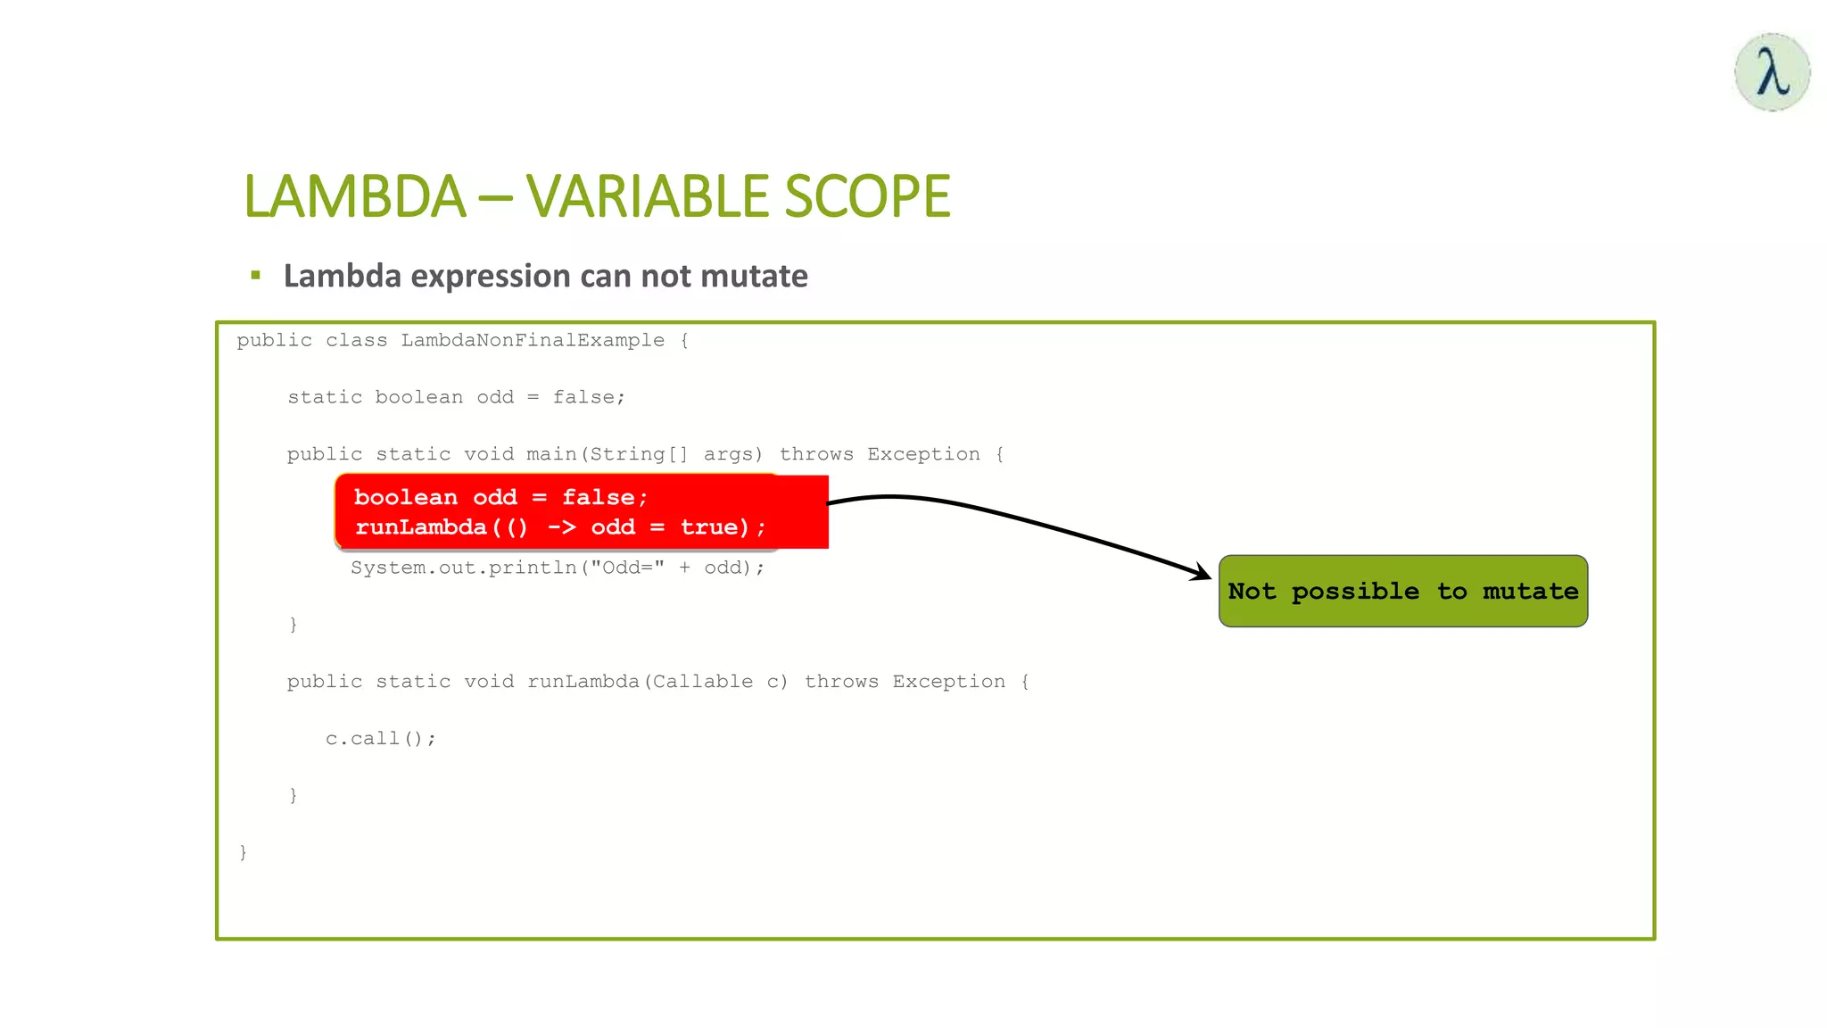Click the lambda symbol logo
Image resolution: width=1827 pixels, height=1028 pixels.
(x=1772, y=72)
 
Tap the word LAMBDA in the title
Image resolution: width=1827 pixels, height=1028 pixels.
(x=354, y=196)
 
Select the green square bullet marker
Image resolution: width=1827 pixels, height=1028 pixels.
(x=256, y=276)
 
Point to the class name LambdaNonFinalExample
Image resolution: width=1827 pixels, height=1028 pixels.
(x=533, y=340)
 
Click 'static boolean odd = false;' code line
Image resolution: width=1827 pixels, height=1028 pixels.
(x=456, y=397)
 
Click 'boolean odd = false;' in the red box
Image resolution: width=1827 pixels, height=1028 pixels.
(x=500, y=497)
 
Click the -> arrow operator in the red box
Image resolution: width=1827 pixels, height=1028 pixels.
(x=561, y=527)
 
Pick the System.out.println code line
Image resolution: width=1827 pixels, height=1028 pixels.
(x=557, y=568)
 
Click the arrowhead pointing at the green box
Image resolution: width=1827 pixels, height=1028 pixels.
(x=1203, y=573)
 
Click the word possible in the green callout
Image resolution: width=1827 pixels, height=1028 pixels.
(x=1354, y=592)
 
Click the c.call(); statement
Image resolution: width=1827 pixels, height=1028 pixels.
(x=380, y=739)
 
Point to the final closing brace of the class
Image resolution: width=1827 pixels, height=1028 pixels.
(x=243, y=852)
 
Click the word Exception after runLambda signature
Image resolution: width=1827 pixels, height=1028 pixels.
(x=948, y=682)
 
